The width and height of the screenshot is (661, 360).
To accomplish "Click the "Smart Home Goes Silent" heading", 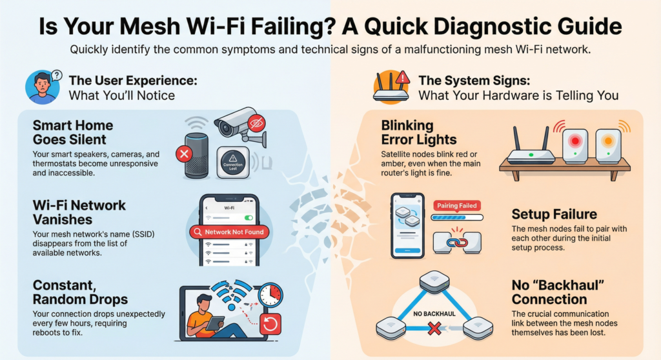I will coord(72,132).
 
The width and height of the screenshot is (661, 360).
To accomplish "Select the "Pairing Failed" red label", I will coord(456,206).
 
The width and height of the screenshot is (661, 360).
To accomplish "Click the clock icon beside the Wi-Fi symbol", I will coord(270,295).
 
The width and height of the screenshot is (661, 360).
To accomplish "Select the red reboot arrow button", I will coord(270,325).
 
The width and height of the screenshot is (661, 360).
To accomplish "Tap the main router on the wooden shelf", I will coord(531,152).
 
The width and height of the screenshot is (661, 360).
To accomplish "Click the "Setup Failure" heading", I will coord(553,214).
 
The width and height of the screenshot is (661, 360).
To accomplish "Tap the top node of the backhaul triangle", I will coord(434,282).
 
